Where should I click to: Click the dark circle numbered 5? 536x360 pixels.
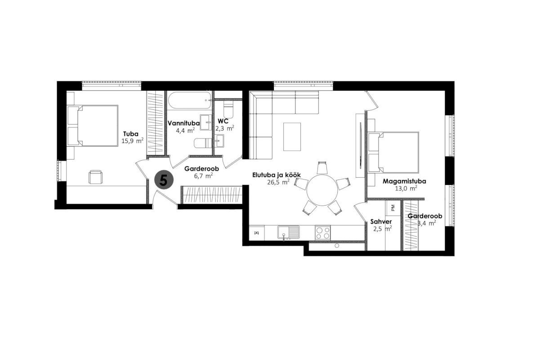[164, 180]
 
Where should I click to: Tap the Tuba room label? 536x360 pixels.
[131, 134]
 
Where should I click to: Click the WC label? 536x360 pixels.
[223, 121]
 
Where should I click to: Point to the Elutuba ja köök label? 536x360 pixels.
[277, 175]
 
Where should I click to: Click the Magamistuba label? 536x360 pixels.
[404, 181]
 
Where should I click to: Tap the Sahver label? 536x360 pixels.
[381, 222]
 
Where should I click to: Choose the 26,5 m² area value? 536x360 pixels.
[279, 182]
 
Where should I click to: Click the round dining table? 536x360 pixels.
[322, 190]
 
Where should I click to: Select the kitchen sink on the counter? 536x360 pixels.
[289, 233]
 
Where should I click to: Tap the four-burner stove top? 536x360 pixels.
[323, 233]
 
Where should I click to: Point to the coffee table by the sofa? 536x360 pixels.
[292, 136]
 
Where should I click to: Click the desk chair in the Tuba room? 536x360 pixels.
[95, 177]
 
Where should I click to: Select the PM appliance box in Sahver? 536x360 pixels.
[393, 207]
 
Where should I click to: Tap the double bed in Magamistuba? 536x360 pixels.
[393, 152]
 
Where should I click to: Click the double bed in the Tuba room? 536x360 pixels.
[93, 126]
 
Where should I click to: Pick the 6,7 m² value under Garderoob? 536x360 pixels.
[203, 175]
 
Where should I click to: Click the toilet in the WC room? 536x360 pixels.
[228, 108]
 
